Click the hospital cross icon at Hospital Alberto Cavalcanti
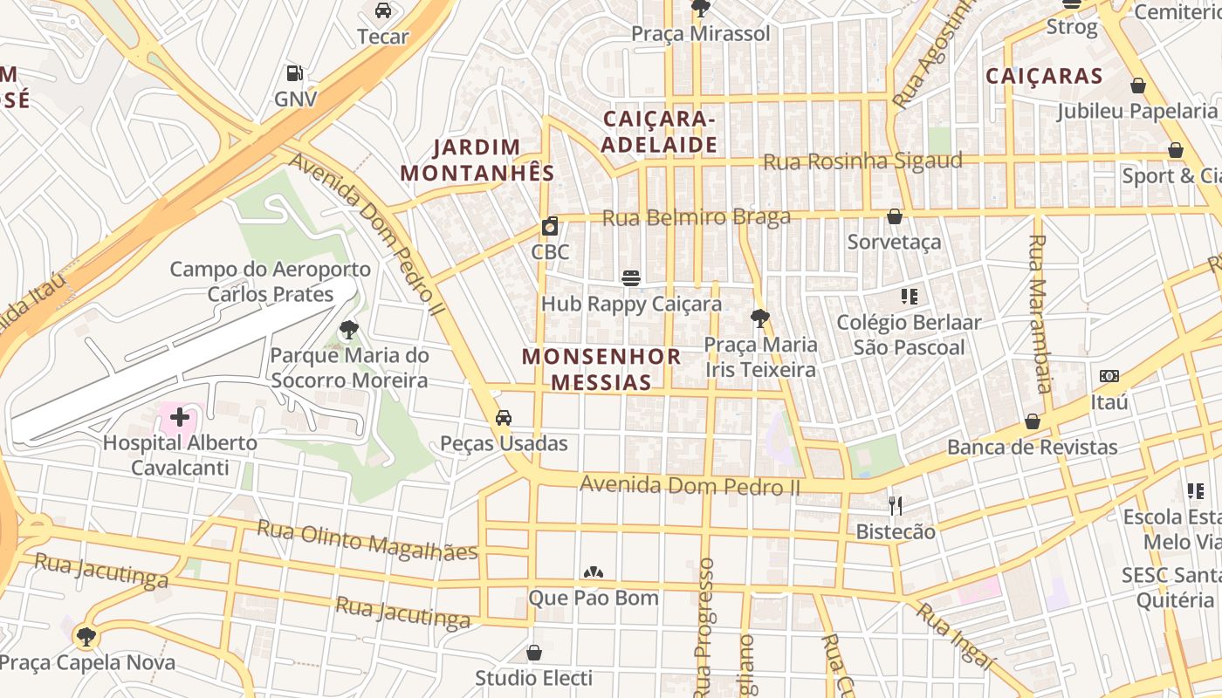[x=180, y=417]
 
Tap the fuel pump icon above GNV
[x=295, y=74]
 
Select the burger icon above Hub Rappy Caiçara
[x=631, y=278]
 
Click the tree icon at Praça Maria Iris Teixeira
[x=760, y=318]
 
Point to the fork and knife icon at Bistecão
[x=895, y=505]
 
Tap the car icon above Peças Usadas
[x=504, y=418]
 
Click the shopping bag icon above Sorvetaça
[x=895, y=216]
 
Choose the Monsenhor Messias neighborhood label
[x=601, y=369]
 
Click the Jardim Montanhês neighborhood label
[x=477, y=160]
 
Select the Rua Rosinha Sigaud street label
[x=862, y=161]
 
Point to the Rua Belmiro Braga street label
[x=697, y=217]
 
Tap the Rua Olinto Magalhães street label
[x=367, y=540]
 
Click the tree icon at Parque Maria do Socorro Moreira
[x=349, y=330]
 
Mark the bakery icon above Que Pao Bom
[x=594, y=573]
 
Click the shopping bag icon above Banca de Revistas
[x=1033, y=422]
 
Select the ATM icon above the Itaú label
[x=1109, y=376]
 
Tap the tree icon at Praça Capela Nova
[x=86, y=637]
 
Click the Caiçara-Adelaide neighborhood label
[x=660, y=132]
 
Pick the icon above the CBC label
[x=550, y=227]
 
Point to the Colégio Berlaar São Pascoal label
[x=909, y=335]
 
